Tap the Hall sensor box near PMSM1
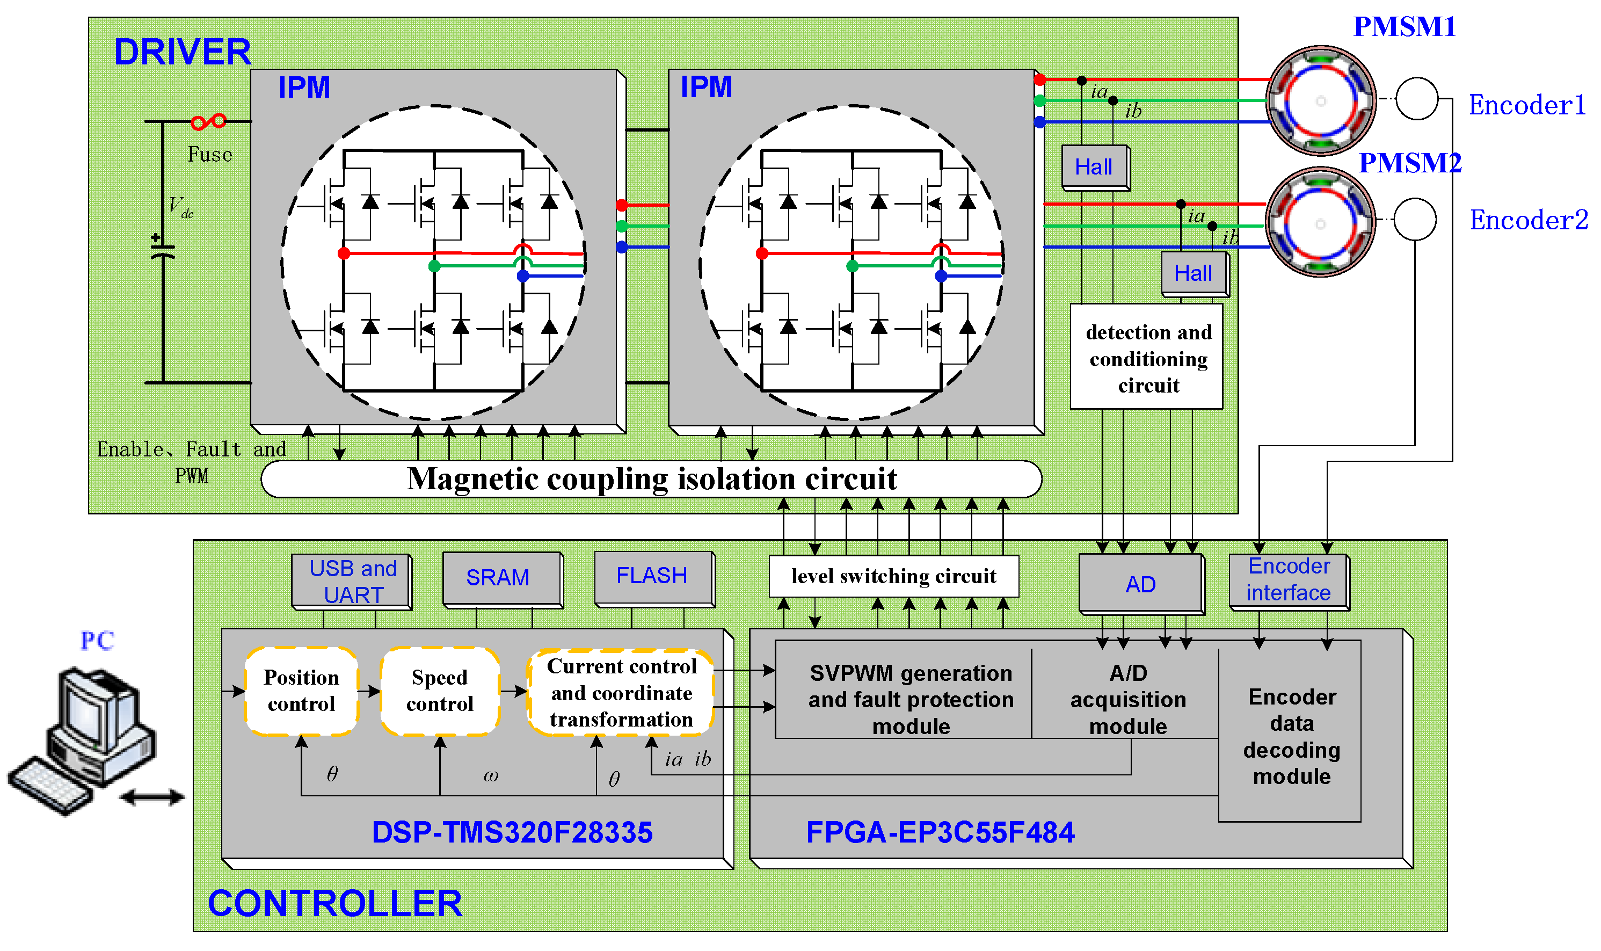pos(1094,167)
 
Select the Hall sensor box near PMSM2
pos(1194,274)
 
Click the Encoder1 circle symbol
pos(1416,99)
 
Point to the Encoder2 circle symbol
pos(1414,219)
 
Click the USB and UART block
pos(351,580)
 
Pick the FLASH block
pos(653,577)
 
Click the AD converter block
pos(1140,584)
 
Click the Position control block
pos(301,691)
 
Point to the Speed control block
pos(440,691)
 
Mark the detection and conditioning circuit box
pos(1147,358)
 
